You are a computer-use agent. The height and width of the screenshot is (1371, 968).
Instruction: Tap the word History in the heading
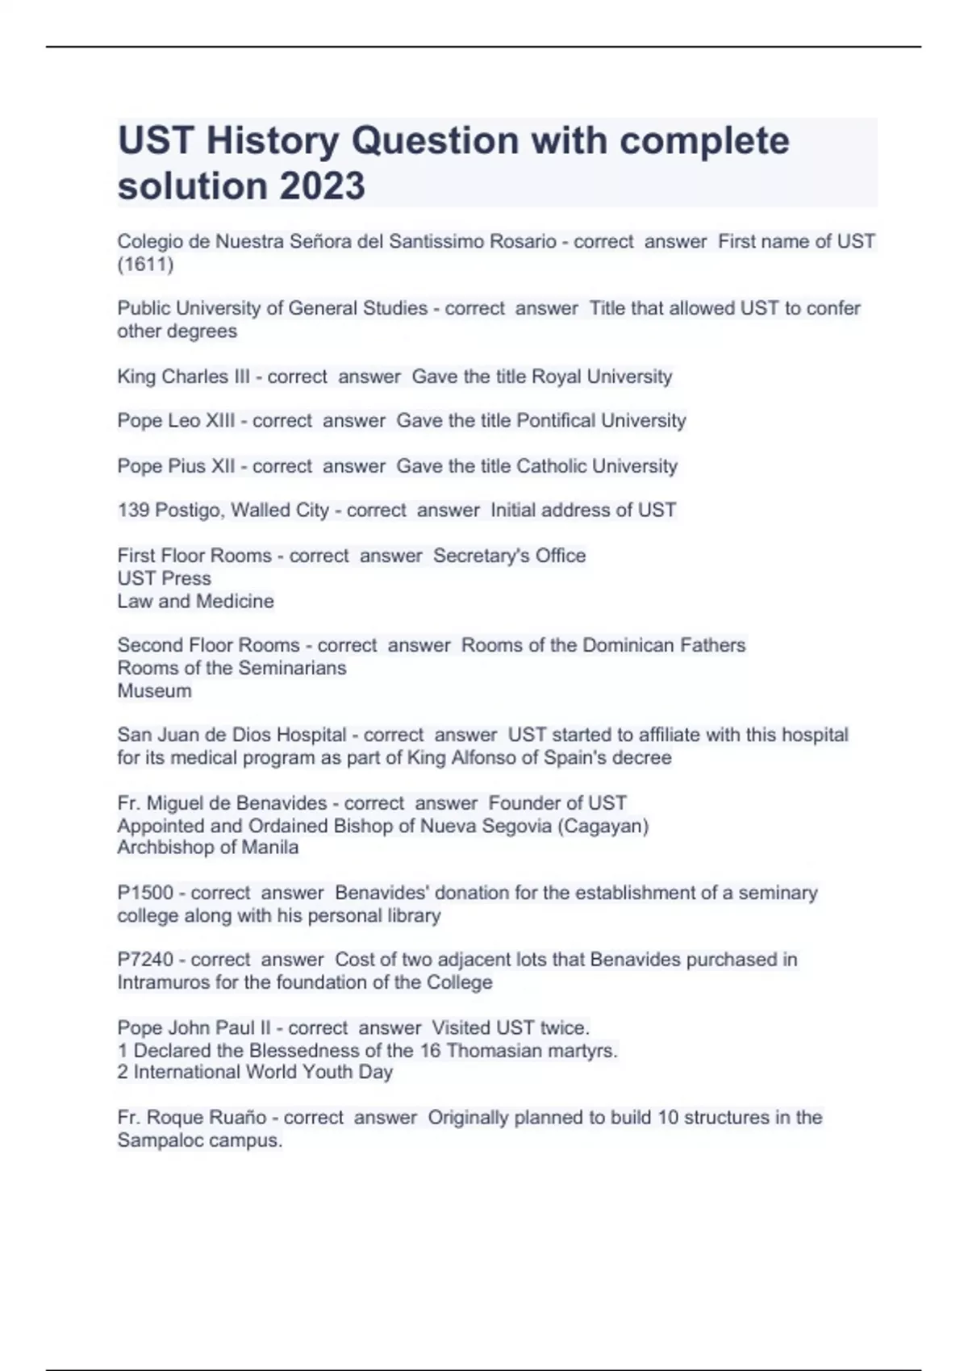point(272,140)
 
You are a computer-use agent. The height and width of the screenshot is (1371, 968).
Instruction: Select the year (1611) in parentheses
point(145,264)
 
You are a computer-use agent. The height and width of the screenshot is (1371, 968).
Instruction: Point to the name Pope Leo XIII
point(176,421)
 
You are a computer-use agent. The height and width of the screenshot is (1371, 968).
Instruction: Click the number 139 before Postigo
point(133,510)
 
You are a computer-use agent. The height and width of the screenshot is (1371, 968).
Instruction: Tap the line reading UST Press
point(164,578)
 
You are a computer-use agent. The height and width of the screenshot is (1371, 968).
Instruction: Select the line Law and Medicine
point(195,601)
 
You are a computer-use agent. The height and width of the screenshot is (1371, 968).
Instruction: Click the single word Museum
point(154,690)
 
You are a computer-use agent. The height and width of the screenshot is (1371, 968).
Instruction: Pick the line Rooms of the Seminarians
point(232,668)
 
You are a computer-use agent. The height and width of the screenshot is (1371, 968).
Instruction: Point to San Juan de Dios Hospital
point(232,735)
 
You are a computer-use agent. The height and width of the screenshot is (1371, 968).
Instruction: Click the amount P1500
point(145,893)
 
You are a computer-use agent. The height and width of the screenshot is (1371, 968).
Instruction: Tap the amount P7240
point(145,960)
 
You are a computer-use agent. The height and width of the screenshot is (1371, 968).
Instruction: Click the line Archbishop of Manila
point(207,847)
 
